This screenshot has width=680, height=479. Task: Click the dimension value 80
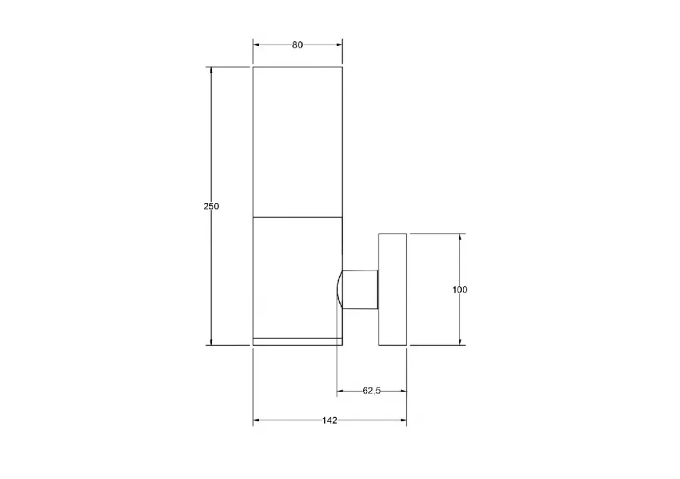(297, 44)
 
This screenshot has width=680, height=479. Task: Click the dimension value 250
(211, 206)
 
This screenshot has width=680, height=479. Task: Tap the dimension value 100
(460, 290)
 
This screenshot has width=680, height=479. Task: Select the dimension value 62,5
(372, 391)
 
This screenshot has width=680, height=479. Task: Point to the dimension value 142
(329, 420)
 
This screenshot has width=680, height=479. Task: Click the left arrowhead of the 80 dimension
(256, 44)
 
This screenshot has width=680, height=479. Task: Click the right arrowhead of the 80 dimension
(339, 44)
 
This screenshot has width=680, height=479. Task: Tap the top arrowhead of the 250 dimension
(211, 70)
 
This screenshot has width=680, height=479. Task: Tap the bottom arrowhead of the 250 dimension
(211, 342)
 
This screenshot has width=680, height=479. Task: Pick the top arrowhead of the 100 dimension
(460, 238)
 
